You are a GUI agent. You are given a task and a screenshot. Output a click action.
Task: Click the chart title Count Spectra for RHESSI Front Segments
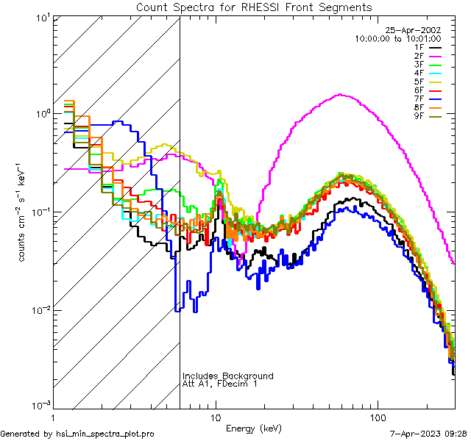pos(254,7)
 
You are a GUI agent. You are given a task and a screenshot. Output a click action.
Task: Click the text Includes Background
pos(228,376)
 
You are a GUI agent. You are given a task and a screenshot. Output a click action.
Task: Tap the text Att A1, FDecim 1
pos(220,384)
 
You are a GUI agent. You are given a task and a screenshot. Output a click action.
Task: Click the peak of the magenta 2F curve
pos(339,94)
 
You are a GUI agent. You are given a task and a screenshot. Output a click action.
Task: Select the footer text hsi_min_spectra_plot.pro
pos(106,434)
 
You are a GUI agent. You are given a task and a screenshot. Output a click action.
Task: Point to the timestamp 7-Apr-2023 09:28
pos(426,434)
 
